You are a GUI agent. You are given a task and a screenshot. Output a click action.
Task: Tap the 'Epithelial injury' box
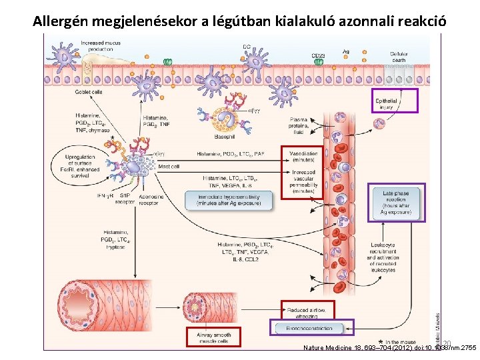point(395,101)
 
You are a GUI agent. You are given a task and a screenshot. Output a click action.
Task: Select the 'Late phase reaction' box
point(397,203)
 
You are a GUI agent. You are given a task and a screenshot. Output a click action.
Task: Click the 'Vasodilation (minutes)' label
point(302,157)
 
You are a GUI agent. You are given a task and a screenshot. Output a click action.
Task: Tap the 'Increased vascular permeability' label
point(302,181)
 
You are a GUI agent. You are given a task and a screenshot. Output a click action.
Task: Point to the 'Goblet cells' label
point(89,92)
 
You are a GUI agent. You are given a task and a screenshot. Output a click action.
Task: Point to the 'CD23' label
point(319,55)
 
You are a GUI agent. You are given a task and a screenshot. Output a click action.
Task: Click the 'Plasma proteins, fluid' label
point(302,127)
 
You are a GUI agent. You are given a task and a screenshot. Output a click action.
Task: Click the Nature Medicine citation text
point(389,348)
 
